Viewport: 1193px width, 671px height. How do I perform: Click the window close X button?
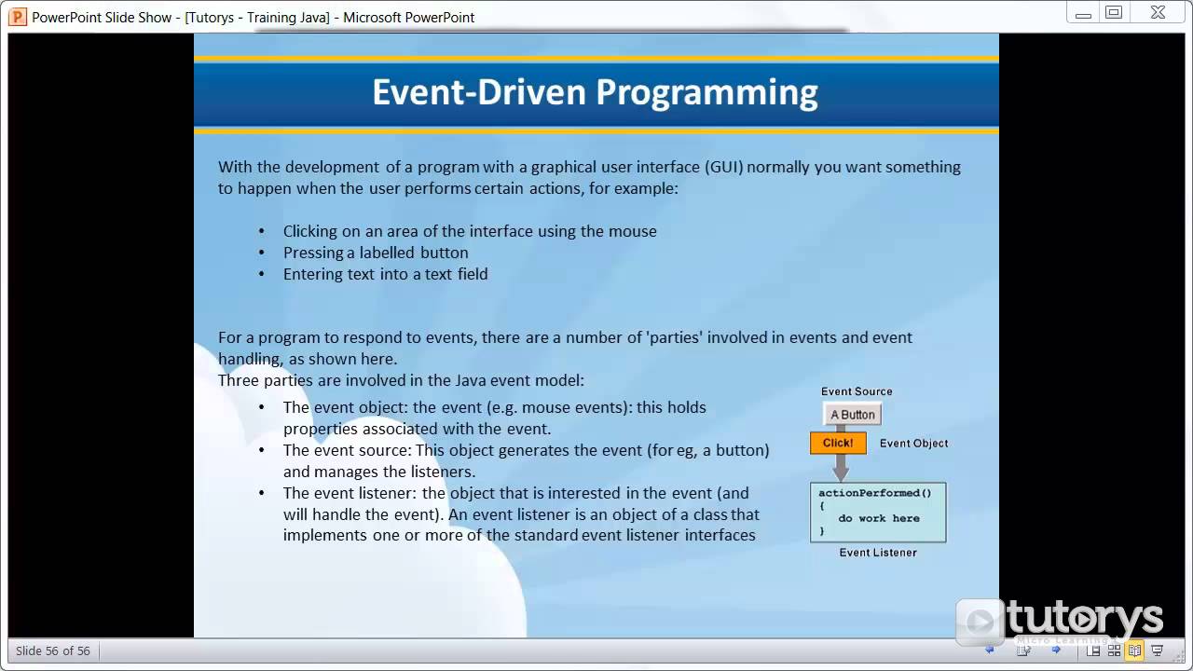tap(1157, 13)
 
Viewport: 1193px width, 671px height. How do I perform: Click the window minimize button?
tap(1083, 13)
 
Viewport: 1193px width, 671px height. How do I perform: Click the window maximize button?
tap(1114, 13)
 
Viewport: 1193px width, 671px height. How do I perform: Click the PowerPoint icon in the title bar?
tap(17, 17)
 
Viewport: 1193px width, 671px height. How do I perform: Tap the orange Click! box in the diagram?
tap(838, 443)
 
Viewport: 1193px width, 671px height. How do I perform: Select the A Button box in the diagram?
tap(853, 415)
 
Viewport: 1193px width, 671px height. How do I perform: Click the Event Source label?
tap(857, 391)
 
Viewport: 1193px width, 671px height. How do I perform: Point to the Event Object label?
tap(913, 444)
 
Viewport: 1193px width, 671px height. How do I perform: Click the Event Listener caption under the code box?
tap(878, 553)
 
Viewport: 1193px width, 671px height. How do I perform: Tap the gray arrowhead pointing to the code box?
tap(841, 472)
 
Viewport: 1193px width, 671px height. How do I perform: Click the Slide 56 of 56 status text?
tap(53, 650)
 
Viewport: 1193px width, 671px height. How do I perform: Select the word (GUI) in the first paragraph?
tap(723, 167)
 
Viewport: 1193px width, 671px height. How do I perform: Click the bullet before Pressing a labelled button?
tap(262, 253)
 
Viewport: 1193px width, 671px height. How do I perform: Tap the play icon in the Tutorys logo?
tap(980, 622)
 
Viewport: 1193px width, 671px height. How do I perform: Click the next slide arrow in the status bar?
tap(1056, 650)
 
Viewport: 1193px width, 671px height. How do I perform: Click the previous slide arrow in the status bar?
tap(990, 650)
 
